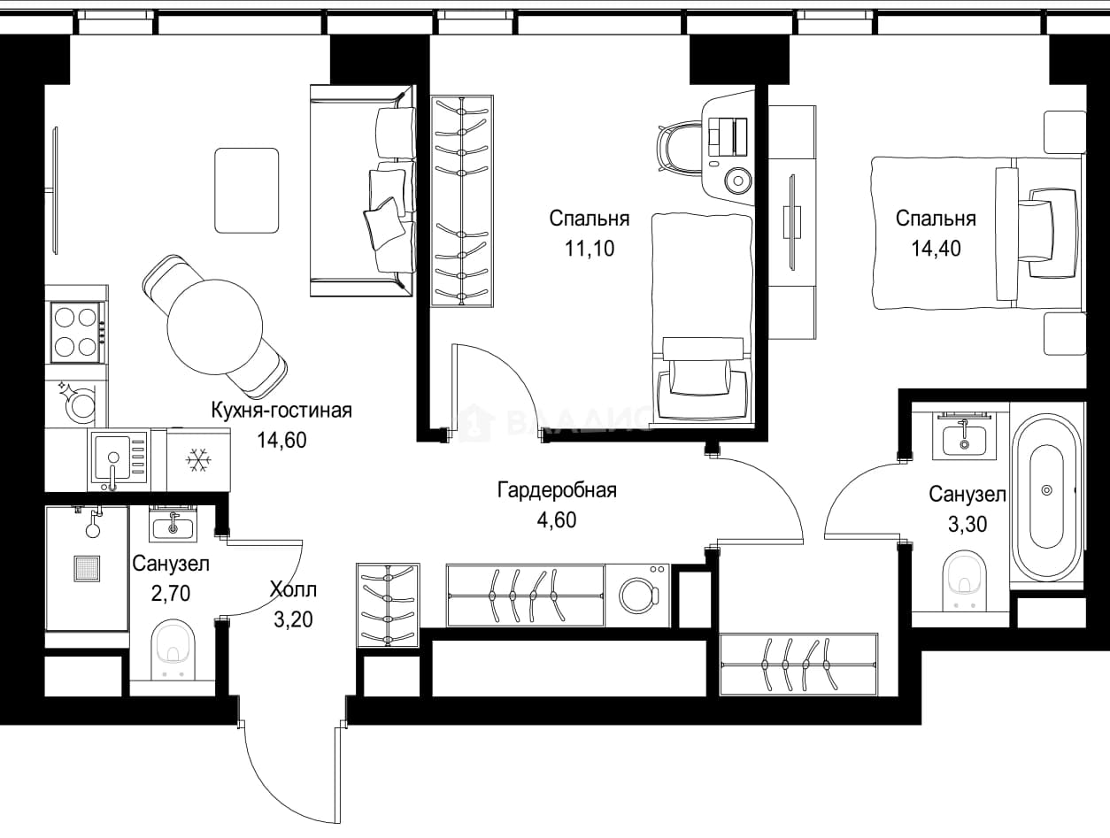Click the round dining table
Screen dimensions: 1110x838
(x=215, y=327)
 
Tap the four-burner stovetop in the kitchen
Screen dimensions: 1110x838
(x=77, y=332)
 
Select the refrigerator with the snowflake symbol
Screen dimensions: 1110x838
(x=199, y=460)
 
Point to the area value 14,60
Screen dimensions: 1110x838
(x=281, y=440)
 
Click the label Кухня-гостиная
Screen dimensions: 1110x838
(x=281, y=411)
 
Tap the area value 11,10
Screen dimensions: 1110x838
(x=590, y=248)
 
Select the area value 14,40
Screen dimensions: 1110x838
(x=936, y=248)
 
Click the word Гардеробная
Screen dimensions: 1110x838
(x=557, y=489)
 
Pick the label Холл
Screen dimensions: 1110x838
(x=293, y=589)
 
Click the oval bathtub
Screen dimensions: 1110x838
(x=1047, y=497)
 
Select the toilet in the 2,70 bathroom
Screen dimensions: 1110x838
(x=174, y=650)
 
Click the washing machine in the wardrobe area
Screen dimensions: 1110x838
(x=639, y=596)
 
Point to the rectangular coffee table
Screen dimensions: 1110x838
(x=246, y=190)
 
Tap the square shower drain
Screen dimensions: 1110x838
(x=87, y=569)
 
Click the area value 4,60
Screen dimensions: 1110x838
(x=557, y=520)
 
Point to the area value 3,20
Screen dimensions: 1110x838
(x=293, y=619)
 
